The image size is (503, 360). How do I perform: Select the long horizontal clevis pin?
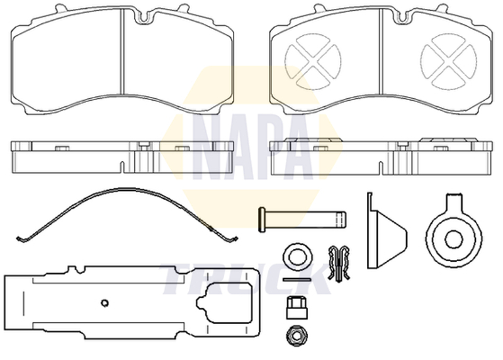click(304, 217)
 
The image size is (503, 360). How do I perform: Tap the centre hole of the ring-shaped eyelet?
click(455, 237)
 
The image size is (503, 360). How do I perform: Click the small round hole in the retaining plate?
click(105, 303)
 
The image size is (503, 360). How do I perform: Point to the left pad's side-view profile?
click(123, 155)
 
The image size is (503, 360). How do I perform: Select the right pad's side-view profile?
click(381, 155)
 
